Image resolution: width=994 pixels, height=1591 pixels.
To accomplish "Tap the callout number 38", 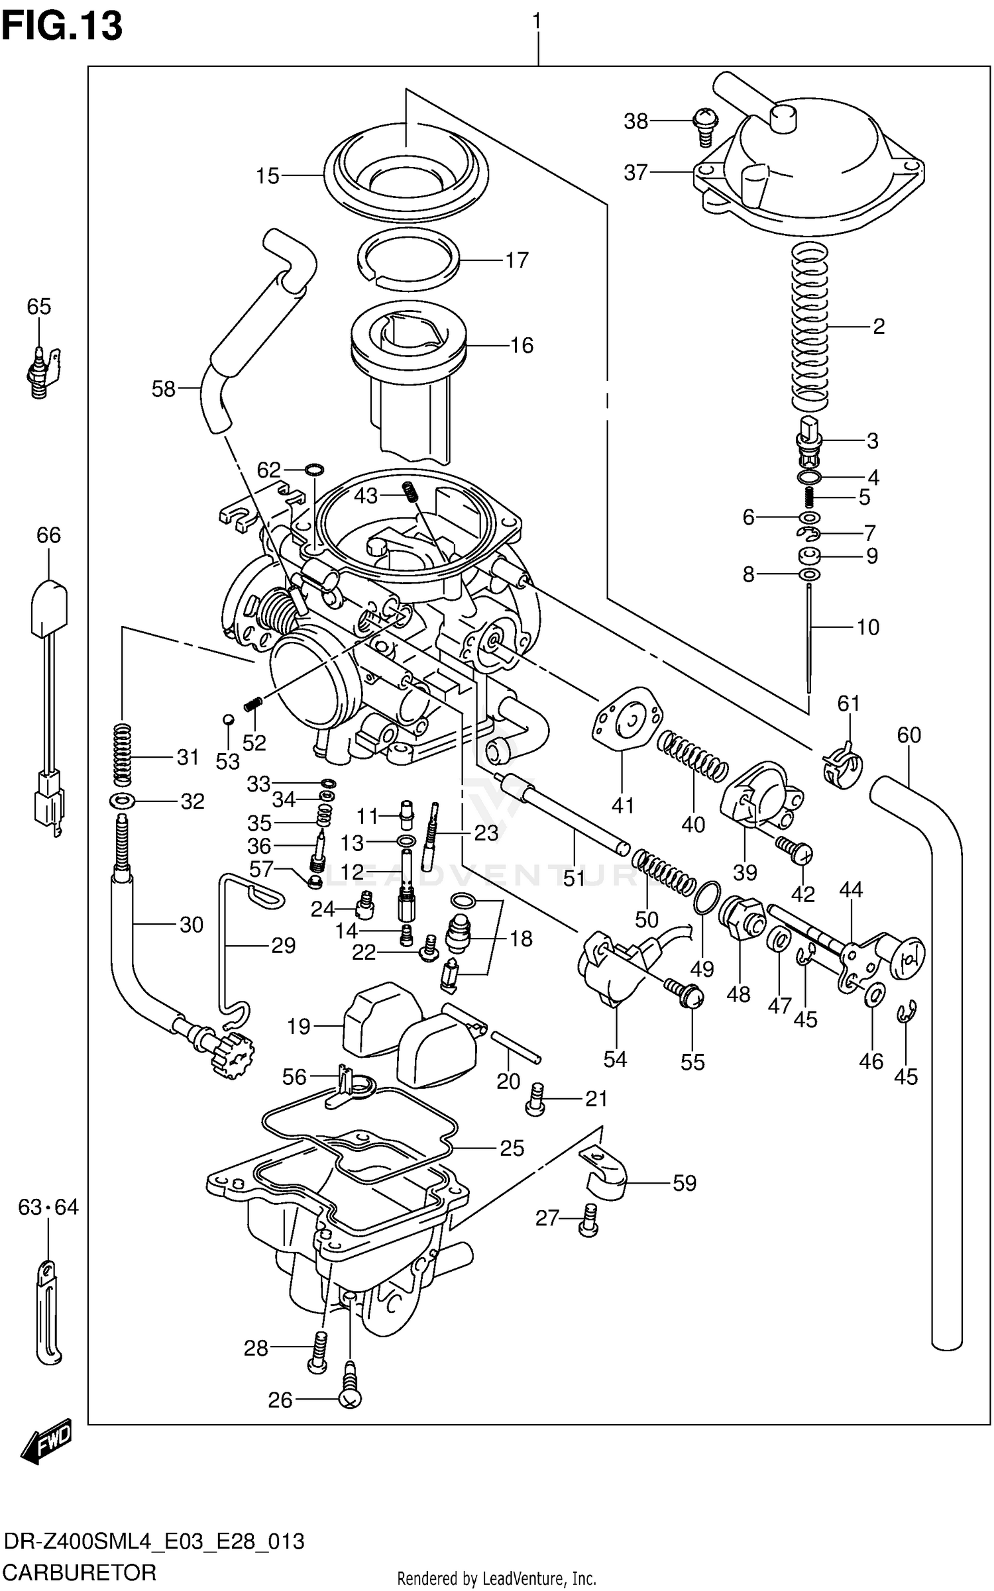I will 635,121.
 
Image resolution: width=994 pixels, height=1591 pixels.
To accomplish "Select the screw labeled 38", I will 704,126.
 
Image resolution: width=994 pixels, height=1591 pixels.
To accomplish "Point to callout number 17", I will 517,260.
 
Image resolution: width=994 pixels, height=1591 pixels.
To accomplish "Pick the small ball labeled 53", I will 227,719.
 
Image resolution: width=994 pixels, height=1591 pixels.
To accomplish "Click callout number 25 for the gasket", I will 512,1148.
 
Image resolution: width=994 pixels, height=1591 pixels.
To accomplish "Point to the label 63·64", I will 48,1207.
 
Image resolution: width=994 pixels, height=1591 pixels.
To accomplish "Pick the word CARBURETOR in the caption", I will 79,1572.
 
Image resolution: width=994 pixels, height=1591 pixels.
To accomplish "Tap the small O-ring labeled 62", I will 314,471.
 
